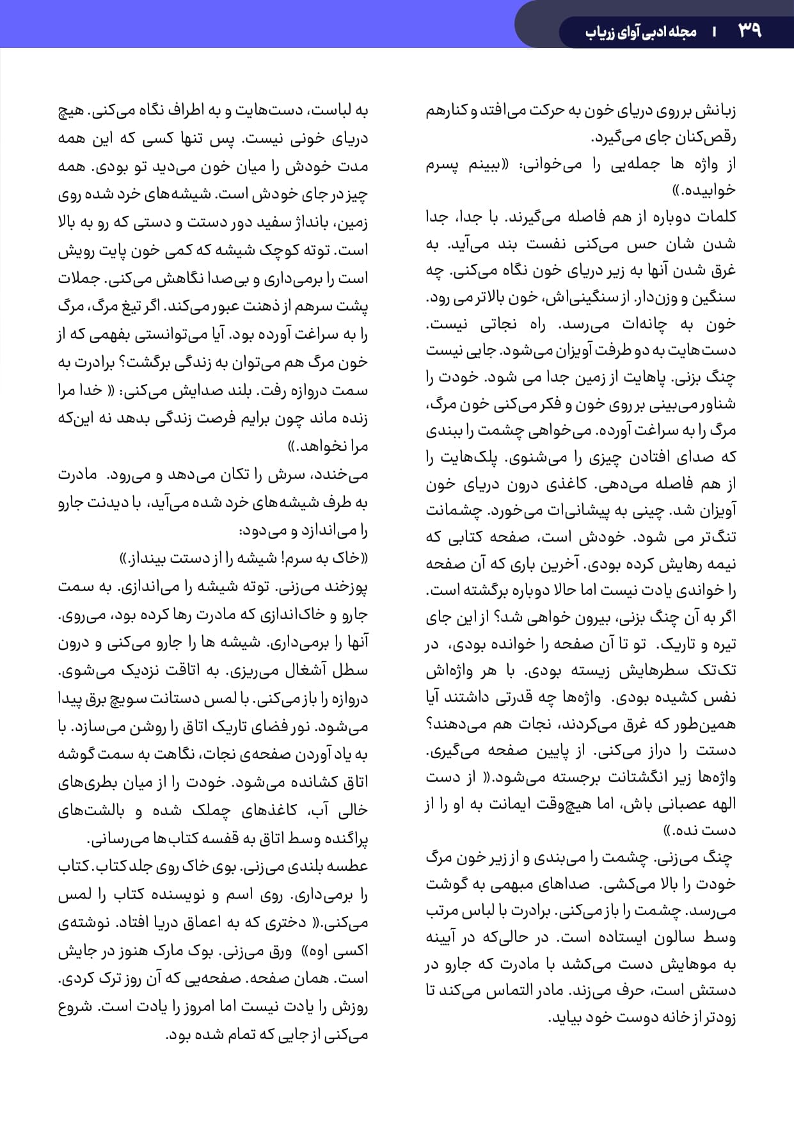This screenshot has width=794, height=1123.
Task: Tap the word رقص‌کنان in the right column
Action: (710, 138)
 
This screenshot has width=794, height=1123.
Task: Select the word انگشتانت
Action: (639, 777)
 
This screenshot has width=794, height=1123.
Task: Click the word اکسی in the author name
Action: (353, 950)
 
